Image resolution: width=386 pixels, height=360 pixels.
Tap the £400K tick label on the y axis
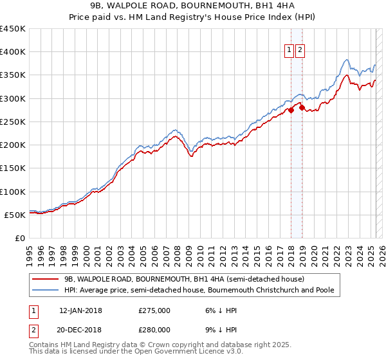(13, 52)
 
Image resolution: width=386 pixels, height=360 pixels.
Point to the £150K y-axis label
(13, 168)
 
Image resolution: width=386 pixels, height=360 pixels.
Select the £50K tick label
(15, 215)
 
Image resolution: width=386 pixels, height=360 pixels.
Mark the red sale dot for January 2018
(291, 110)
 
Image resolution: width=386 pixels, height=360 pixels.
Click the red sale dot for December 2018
(301, 108)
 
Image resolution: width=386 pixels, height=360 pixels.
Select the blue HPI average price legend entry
(199, 291)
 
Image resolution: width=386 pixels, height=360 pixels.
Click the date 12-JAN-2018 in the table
(80, 310)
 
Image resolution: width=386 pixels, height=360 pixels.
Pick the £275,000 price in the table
(154, 310)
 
